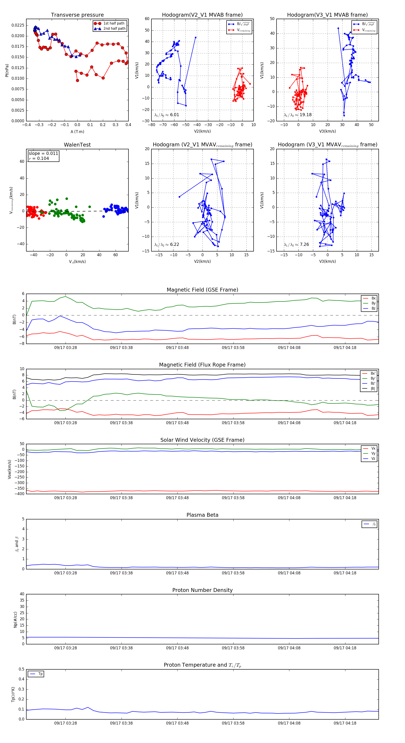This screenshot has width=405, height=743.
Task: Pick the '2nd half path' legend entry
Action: click(x=114, y=29)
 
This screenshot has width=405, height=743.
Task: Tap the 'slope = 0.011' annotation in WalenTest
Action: click(x=43, y=154)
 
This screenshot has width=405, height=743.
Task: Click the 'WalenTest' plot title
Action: click(x=77, y=145)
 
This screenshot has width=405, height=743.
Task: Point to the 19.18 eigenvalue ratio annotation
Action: click(x=298, y=115)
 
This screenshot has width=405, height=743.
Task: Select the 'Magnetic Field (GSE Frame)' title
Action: click(x=202, y=290)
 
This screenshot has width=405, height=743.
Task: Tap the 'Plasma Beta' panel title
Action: click(x=202, y=515)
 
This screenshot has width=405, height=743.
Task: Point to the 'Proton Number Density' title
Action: click(x=202, y=590)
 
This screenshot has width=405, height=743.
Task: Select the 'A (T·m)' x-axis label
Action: click(x=77, y=132)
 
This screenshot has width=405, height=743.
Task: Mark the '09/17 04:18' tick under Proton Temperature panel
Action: click(x=345, y=723)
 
